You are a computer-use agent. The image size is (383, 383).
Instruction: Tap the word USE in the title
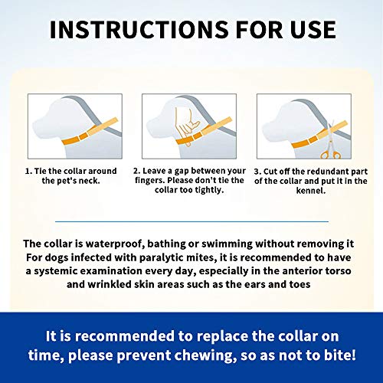click(x=306, y=29)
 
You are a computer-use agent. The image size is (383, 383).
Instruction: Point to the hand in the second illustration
click(x=184, y=123)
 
